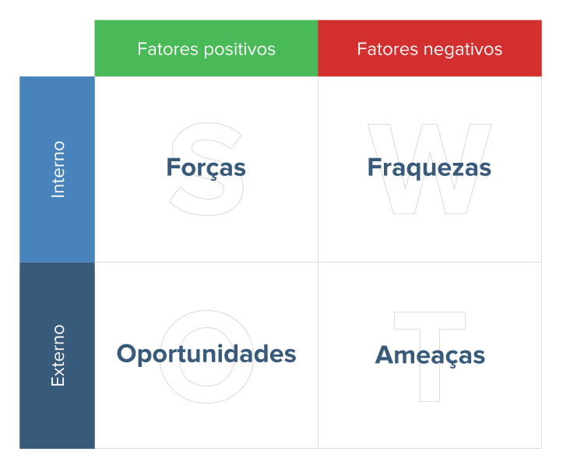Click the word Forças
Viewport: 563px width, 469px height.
(206, 167)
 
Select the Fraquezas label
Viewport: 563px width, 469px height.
(429, 167)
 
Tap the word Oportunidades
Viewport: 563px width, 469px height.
(206, 354)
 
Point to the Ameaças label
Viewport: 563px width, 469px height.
(430, 354)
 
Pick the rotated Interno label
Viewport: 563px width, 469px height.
(58, 169)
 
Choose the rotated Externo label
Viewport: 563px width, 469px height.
(58, 355)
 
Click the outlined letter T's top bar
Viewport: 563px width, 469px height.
(429, 320)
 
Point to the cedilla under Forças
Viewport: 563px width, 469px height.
(213, 180)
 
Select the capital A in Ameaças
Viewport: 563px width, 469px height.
(385, 354)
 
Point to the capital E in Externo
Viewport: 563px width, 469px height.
(58, 381)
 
